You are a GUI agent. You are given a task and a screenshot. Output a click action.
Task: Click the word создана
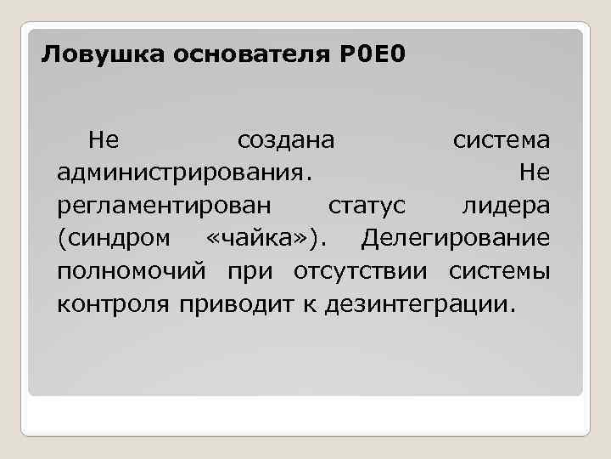[x=286, y=139]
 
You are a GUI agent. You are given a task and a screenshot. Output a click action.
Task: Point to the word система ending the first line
[x=501, y=139]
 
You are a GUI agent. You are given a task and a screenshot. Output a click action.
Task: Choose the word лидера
[x=506, y=206]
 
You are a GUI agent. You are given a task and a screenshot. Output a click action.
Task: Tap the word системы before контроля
[x=500, y=271]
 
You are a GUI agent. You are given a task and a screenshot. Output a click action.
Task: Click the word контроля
[x=115, y=303]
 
